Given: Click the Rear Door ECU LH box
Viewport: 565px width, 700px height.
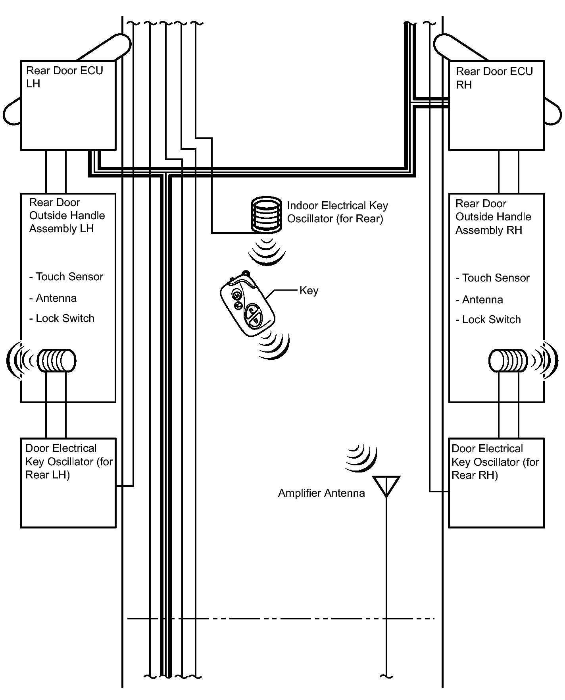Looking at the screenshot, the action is click(68, 105).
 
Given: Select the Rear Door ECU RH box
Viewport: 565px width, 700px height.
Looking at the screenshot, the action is click(496, 105).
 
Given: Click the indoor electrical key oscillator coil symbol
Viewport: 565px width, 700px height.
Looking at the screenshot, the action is click(267, 214).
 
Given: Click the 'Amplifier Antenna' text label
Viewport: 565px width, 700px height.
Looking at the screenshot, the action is click(321, 493).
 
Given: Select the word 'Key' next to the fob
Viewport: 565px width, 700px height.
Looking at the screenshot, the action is click(309, 291).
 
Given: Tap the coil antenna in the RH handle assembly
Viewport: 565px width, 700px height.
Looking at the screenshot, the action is click(508, 361).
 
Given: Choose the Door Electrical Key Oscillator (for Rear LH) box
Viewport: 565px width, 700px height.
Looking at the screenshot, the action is click(68, 483).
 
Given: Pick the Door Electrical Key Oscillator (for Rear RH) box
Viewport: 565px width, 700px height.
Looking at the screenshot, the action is click(496, 483).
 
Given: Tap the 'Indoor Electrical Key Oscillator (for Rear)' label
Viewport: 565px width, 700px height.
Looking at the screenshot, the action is click(338, 212).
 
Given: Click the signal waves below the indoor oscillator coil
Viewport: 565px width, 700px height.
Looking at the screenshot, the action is click(267, 251).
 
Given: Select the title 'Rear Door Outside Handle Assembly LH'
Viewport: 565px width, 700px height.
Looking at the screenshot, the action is click(67, 216).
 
